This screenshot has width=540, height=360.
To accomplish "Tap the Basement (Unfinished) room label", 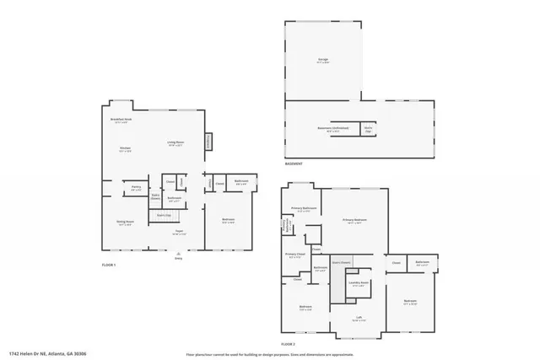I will click(333, 130).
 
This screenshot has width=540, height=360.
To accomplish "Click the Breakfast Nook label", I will click(121, 120).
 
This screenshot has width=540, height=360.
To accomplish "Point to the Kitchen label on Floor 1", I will click(125, 148).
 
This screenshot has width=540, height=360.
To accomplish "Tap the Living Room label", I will click(175, 142).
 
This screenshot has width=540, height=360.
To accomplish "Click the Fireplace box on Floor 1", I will click(209, 142).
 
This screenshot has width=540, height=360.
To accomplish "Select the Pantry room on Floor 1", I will click(135, 188).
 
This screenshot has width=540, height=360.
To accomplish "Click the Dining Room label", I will click(124, 223).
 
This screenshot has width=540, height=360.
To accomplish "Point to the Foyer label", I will click(179, 232).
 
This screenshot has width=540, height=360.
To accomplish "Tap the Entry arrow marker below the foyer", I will click(178, 255).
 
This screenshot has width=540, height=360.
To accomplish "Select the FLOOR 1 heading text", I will click(108, 266).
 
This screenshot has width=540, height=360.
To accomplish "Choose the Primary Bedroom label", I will click(354, 220).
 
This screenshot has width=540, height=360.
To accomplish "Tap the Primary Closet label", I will click(294, 255).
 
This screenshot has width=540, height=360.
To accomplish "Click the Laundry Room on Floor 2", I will click(359, 283).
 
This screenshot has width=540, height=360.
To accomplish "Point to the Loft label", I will click(359, 318).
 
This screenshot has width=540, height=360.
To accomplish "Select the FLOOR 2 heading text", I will click(289, 345).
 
